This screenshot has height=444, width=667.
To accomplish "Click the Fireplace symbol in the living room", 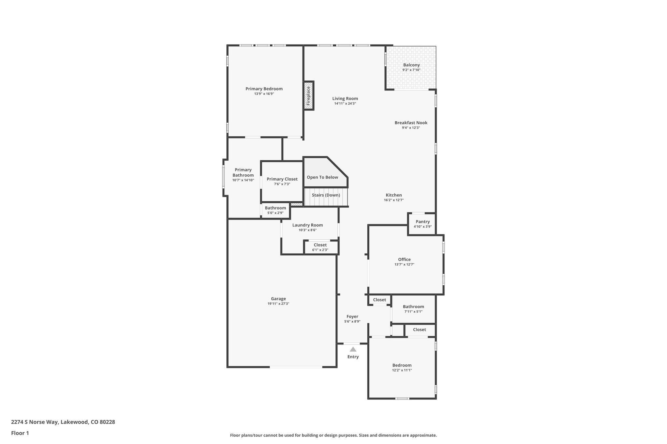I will tap(308, 96).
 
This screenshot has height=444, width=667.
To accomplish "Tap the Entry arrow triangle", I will tap(353, 349).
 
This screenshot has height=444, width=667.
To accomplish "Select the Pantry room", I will tap(422, 224).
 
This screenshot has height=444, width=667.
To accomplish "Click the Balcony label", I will tap(411, 65).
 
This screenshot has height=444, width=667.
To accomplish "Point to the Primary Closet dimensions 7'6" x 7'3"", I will tap(282, 184).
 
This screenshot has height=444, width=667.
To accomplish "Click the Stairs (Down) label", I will tap(326, 195).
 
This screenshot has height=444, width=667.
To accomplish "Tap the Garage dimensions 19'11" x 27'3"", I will tap(278, 304).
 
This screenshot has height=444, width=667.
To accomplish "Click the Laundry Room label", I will tap(307, 225).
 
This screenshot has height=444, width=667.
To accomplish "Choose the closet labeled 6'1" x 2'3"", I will tap(320, 247).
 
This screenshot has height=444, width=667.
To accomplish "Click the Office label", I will tap(404, 260).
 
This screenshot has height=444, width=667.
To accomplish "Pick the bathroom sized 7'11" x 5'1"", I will tap(413, 309).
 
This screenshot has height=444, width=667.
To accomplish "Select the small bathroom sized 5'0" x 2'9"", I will tap(275, 210).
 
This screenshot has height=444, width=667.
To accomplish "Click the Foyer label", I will tap(352, 316).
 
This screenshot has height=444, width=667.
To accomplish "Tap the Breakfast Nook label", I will tap(411, 123).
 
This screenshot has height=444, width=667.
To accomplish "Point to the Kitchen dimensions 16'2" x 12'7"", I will tap(393, 200).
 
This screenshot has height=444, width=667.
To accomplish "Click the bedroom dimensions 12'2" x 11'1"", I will tap(402, 370).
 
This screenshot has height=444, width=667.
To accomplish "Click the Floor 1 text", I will tap(20, 433).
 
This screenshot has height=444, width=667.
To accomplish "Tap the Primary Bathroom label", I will tap(243, 172).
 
